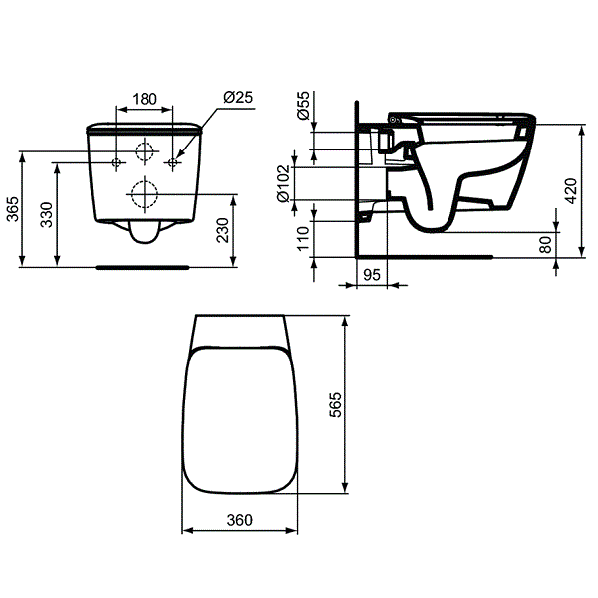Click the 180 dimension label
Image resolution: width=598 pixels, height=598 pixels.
point(145,99)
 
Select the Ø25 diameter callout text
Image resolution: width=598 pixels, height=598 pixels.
point(238,98)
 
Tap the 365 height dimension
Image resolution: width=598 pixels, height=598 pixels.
point(13,209)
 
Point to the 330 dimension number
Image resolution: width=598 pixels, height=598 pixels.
point(47,215)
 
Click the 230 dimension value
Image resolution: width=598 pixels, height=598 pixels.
point(222,230)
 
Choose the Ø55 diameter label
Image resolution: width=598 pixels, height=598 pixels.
point(304,106)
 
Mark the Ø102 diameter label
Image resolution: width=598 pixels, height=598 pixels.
point(284,183)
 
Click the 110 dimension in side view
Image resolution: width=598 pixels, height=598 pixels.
point(303,239)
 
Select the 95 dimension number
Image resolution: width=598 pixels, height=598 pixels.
point(372,275)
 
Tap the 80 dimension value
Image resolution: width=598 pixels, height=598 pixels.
point(546,245)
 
